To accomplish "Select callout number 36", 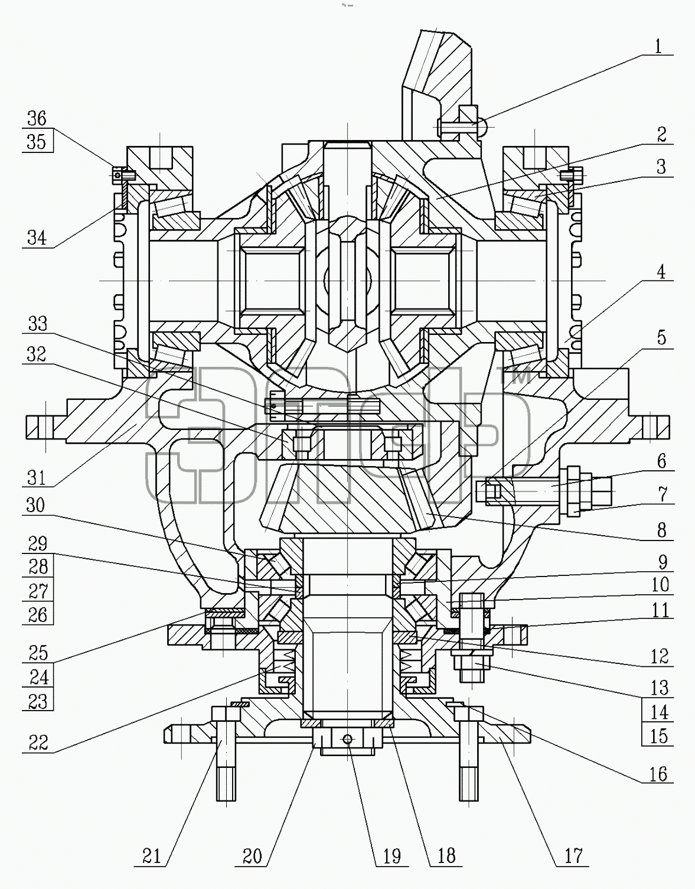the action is click(37, 119).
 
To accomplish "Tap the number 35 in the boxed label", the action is click(37, 142).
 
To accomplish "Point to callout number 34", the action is click(37, 237).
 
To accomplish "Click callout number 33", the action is click(38, 324).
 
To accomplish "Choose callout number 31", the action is click(37, 477).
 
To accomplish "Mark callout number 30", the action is click(35, 506).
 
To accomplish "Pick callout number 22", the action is click(38, 743).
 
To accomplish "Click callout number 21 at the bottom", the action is click(152, 856).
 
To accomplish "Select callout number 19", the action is click(393, 856).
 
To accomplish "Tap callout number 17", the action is click(573, 856).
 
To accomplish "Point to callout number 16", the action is click(658, 774).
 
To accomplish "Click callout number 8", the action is click(662, 530).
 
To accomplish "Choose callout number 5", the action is click(662, 338).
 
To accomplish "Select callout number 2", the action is click(662, 135).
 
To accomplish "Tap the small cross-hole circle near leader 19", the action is click(347, 739).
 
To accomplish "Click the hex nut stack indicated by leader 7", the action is click(573, 491).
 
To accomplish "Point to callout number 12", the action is click(660, 657).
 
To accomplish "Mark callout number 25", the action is click(38, 653).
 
